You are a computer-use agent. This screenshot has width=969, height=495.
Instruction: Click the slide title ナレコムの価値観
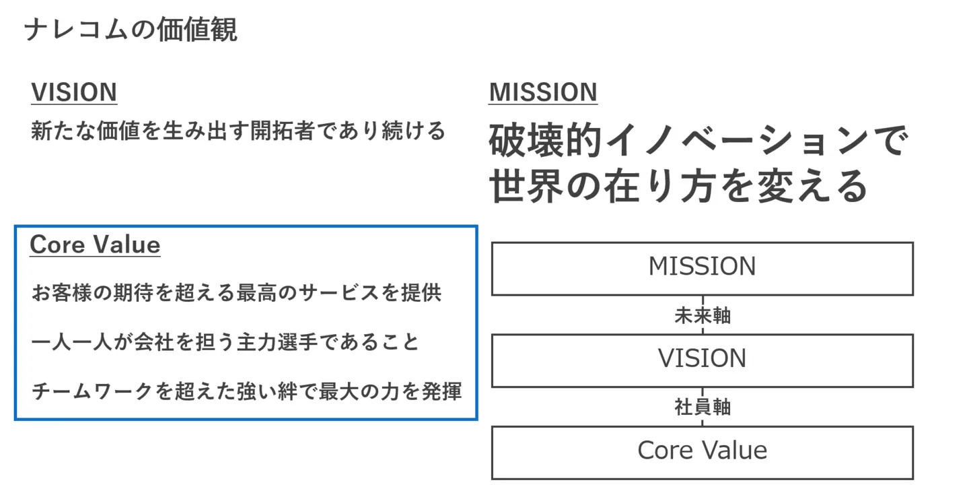(131, 30)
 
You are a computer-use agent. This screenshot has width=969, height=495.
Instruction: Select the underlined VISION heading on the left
(74, 92)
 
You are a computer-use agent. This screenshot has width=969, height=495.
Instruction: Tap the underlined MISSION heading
(543, 92)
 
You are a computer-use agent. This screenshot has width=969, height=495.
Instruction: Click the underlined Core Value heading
(95, 244)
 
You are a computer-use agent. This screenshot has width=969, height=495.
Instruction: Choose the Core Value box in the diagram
(702, 451)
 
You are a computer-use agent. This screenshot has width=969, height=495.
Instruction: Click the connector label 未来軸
(702, 315)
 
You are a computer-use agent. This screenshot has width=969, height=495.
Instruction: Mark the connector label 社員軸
(702, 407)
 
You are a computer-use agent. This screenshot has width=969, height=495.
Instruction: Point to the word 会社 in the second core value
(154, 342)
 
